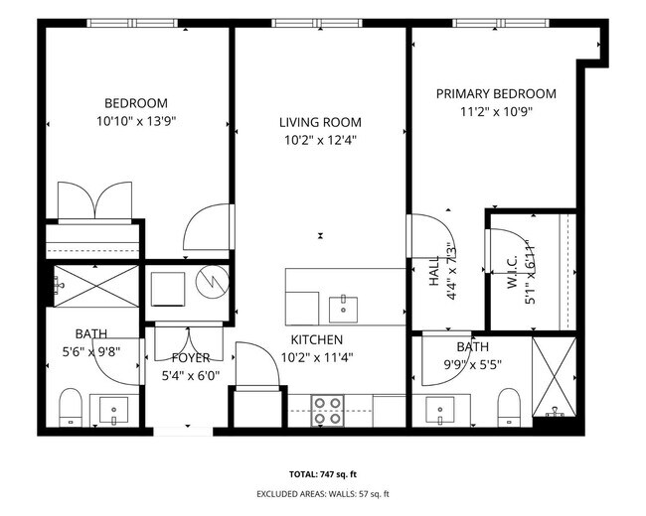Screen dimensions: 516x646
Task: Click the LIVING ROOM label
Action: tap(319, 122)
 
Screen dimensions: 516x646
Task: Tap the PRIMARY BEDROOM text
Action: tap(496, 94)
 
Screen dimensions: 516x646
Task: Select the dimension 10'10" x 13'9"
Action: tap(135, 121)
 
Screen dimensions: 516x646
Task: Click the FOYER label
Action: tap(190, 357)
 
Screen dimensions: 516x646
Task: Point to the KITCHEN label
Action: tap(316, 339)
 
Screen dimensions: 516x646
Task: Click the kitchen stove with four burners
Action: tap(328, 408)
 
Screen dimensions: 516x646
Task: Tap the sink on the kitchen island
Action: tap(343, 305)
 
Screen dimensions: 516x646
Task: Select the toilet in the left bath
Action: tap(71, 406)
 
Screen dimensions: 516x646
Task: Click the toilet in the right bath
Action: tap(509, 407)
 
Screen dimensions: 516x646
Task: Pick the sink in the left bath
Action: tap(113, 409)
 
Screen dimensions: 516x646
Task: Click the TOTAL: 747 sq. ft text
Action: tap(322, 475)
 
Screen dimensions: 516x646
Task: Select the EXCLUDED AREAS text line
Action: tap(322, 494)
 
